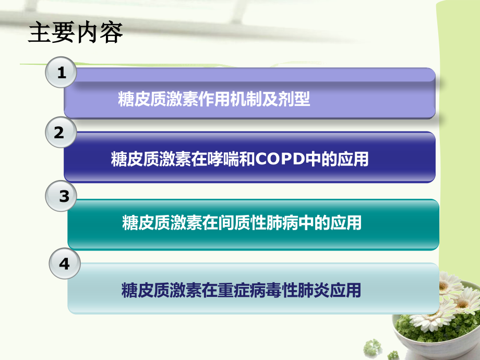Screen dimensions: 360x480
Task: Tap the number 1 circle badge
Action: [62, 73]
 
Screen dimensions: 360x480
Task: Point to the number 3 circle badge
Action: [64, 196]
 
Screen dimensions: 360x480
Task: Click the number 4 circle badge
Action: [64, 264]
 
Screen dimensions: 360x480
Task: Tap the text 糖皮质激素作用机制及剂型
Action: [214, 99]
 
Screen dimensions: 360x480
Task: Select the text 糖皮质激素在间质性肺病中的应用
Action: [242, 223]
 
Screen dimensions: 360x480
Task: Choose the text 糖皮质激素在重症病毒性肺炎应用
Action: [241, 290]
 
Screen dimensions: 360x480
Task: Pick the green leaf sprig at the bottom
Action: [373, 347]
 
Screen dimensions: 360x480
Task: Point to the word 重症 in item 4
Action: [227, 290]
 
